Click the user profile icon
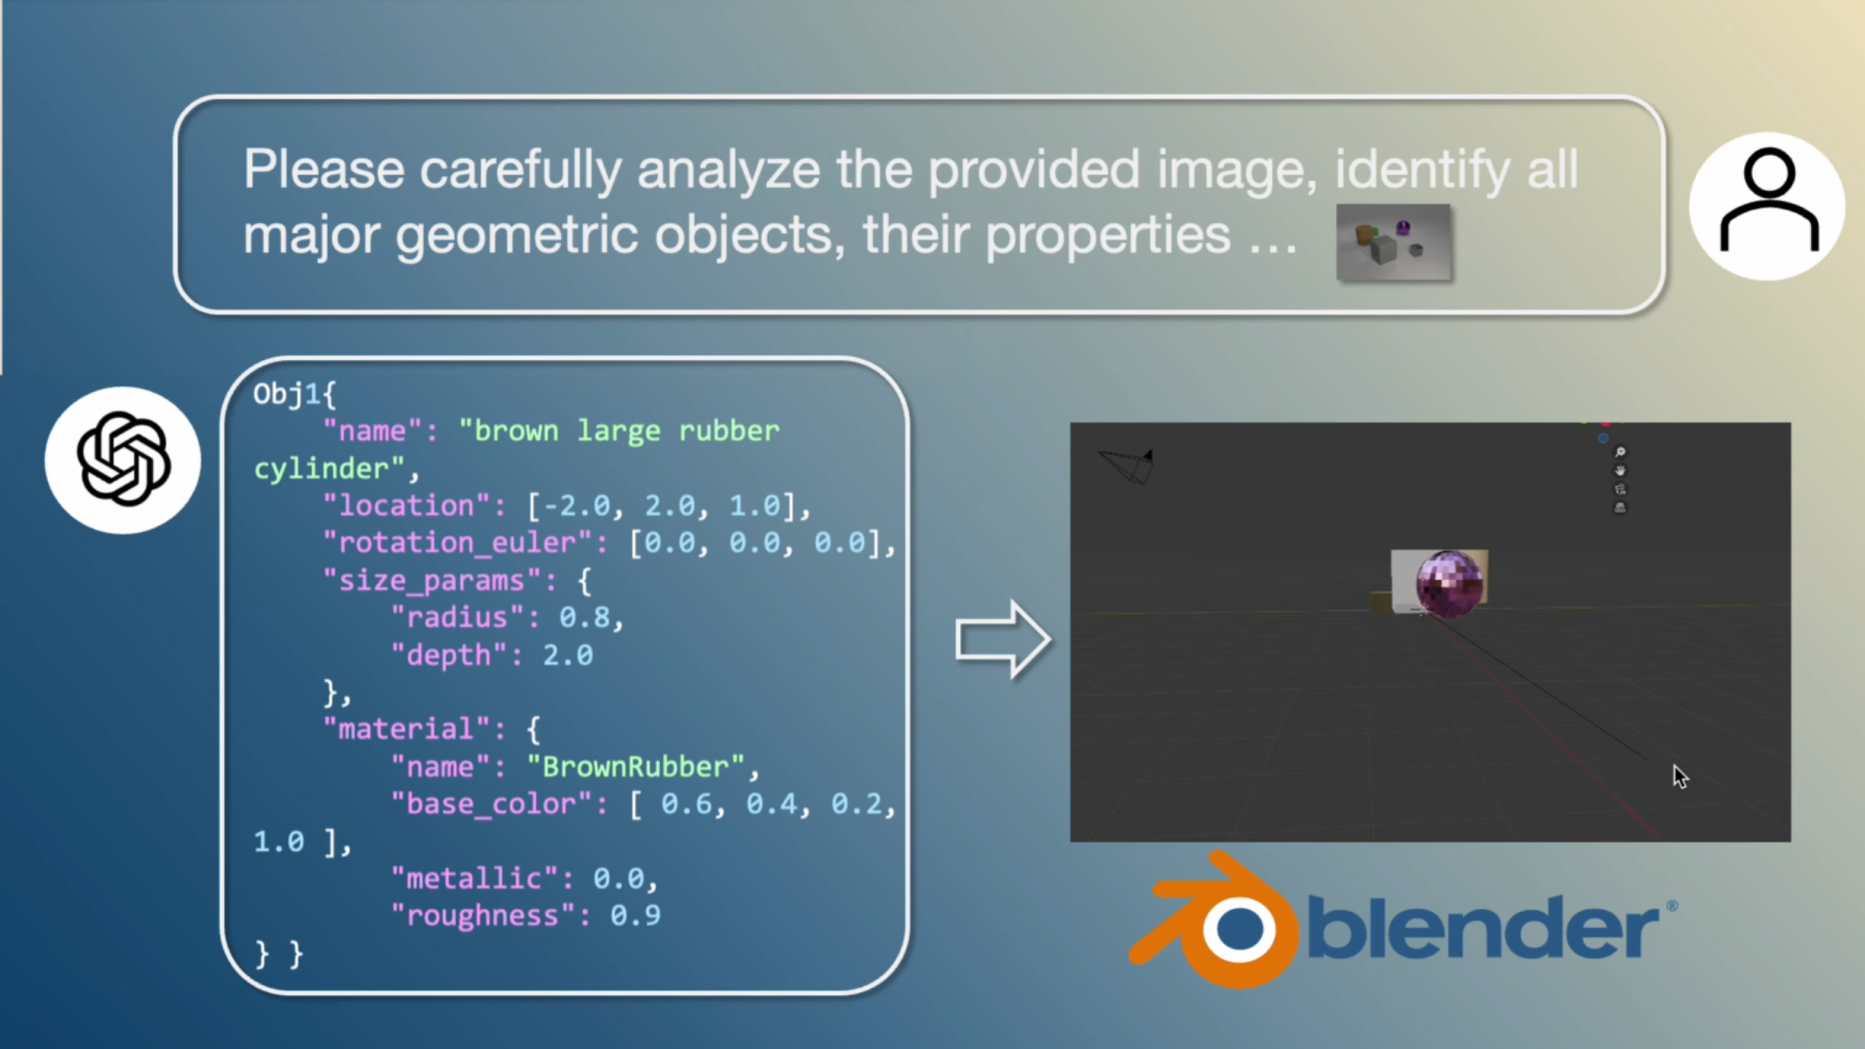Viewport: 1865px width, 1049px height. coord(1767,205)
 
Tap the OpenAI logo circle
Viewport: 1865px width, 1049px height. coord(123,460)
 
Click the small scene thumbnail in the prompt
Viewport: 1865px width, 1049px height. coord(1394,243)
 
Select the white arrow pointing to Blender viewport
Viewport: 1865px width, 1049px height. coord(1003,640)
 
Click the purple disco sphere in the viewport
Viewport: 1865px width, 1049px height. coord(1449,584)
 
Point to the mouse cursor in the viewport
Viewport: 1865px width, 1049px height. coord(1680,777)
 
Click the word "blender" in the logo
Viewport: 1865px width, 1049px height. coord(1483,926)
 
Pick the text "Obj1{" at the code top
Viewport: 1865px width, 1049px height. coord(294,394)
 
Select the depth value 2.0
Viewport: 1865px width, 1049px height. coord(568,655)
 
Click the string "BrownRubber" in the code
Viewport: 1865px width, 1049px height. coord(635,767)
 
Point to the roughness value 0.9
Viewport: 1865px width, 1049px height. coord(635,916)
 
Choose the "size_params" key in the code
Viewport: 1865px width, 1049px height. coord(433,581)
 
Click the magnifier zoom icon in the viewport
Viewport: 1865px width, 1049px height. coord(1620,452)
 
